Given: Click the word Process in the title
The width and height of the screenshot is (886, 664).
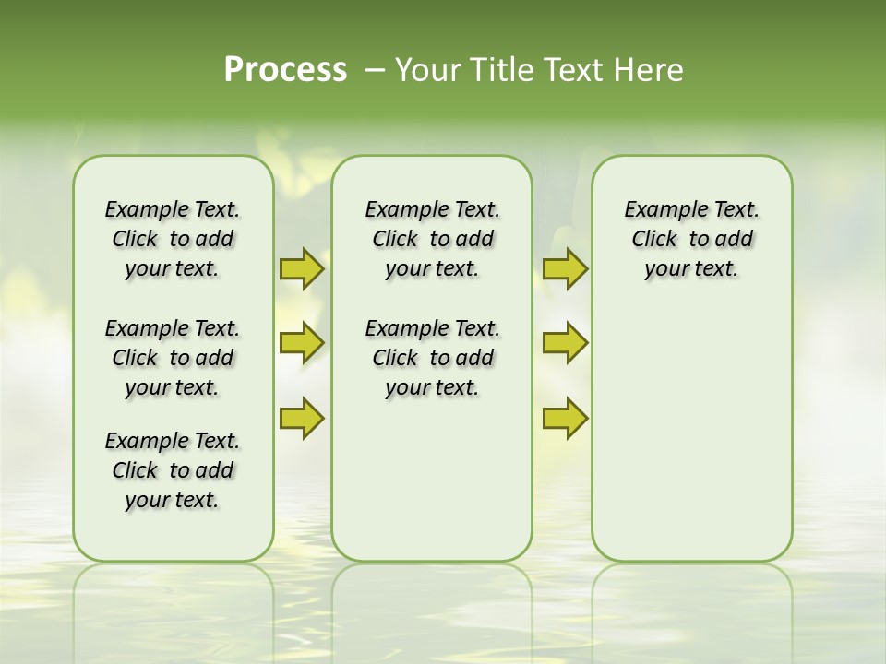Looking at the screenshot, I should tap(285, 70).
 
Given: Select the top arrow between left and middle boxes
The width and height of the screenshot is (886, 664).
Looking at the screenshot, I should tap(302, 269).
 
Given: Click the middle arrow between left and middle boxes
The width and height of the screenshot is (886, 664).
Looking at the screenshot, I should tap(302, 343).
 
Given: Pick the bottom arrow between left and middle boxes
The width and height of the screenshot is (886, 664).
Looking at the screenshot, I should tap(302, 418).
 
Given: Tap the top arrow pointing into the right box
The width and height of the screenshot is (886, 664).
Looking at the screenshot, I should tap(565, 269).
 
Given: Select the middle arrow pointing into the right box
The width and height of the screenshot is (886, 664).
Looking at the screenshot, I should tap(565, 343).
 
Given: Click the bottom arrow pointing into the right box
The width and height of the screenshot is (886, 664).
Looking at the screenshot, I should tap(565, 418).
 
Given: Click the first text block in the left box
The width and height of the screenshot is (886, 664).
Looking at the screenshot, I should tap(173, 239).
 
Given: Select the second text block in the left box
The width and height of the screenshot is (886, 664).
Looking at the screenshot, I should tap(173, 358).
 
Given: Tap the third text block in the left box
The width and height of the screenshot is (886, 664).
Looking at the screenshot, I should tap(173, 470).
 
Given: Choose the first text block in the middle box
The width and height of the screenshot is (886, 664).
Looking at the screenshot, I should tap(432, 239).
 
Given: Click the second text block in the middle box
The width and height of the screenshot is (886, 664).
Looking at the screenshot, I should tap(432, 358).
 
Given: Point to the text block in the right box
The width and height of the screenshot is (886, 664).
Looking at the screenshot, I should tap(691, 239).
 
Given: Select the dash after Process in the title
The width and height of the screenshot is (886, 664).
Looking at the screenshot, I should tap(375, 70).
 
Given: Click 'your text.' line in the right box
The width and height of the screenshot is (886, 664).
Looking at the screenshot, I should tap(691, 269).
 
